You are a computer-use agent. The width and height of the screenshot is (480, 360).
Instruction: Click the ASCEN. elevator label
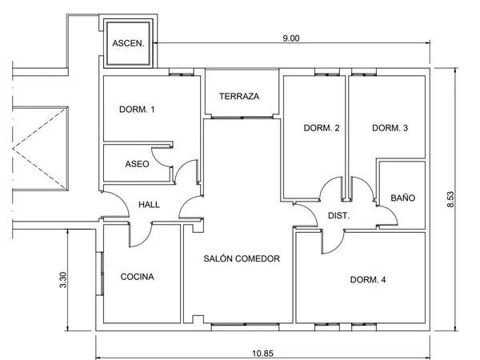pos(128,43)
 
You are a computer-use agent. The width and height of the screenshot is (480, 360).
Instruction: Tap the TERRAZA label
pos(239,96)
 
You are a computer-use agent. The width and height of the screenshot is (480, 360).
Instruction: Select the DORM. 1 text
pos(137,110)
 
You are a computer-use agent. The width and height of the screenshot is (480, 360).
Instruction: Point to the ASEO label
pos(137,164)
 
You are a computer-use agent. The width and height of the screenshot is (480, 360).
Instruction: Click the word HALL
pos(149,205)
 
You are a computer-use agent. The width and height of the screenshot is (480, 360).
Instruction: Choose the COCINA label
pos(137,277)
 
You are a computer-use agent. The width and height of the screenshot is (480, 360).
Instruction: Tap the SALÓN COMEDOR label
pos(242,258)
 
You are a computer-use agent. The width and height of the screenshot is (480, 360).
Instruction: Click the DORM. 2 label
pos(322,128)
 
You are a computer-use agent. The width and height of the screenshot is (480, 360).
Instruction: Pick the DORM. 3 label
pos(390,128)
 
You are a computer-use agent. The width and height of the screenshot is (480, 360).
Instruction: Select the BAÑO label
pos(402,198)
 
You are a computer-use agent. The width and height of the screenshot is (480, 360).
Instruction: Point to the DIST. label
pos(338,215)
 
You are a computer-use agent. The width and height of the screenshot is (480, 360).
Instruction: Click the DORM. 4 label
pos(368,279)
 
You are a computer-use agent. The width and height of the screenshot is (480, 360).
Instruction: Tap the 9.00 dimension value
pos(291,38)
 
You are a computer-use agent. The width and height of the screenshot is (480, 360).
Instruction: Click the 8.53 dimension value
pos(450,199)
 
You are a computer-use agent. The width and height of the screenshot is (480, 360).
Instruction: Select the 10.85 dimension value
pos(262,354)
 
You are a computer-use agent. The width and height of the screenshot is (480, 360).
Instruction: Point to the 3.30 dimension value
pos(62,280)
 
